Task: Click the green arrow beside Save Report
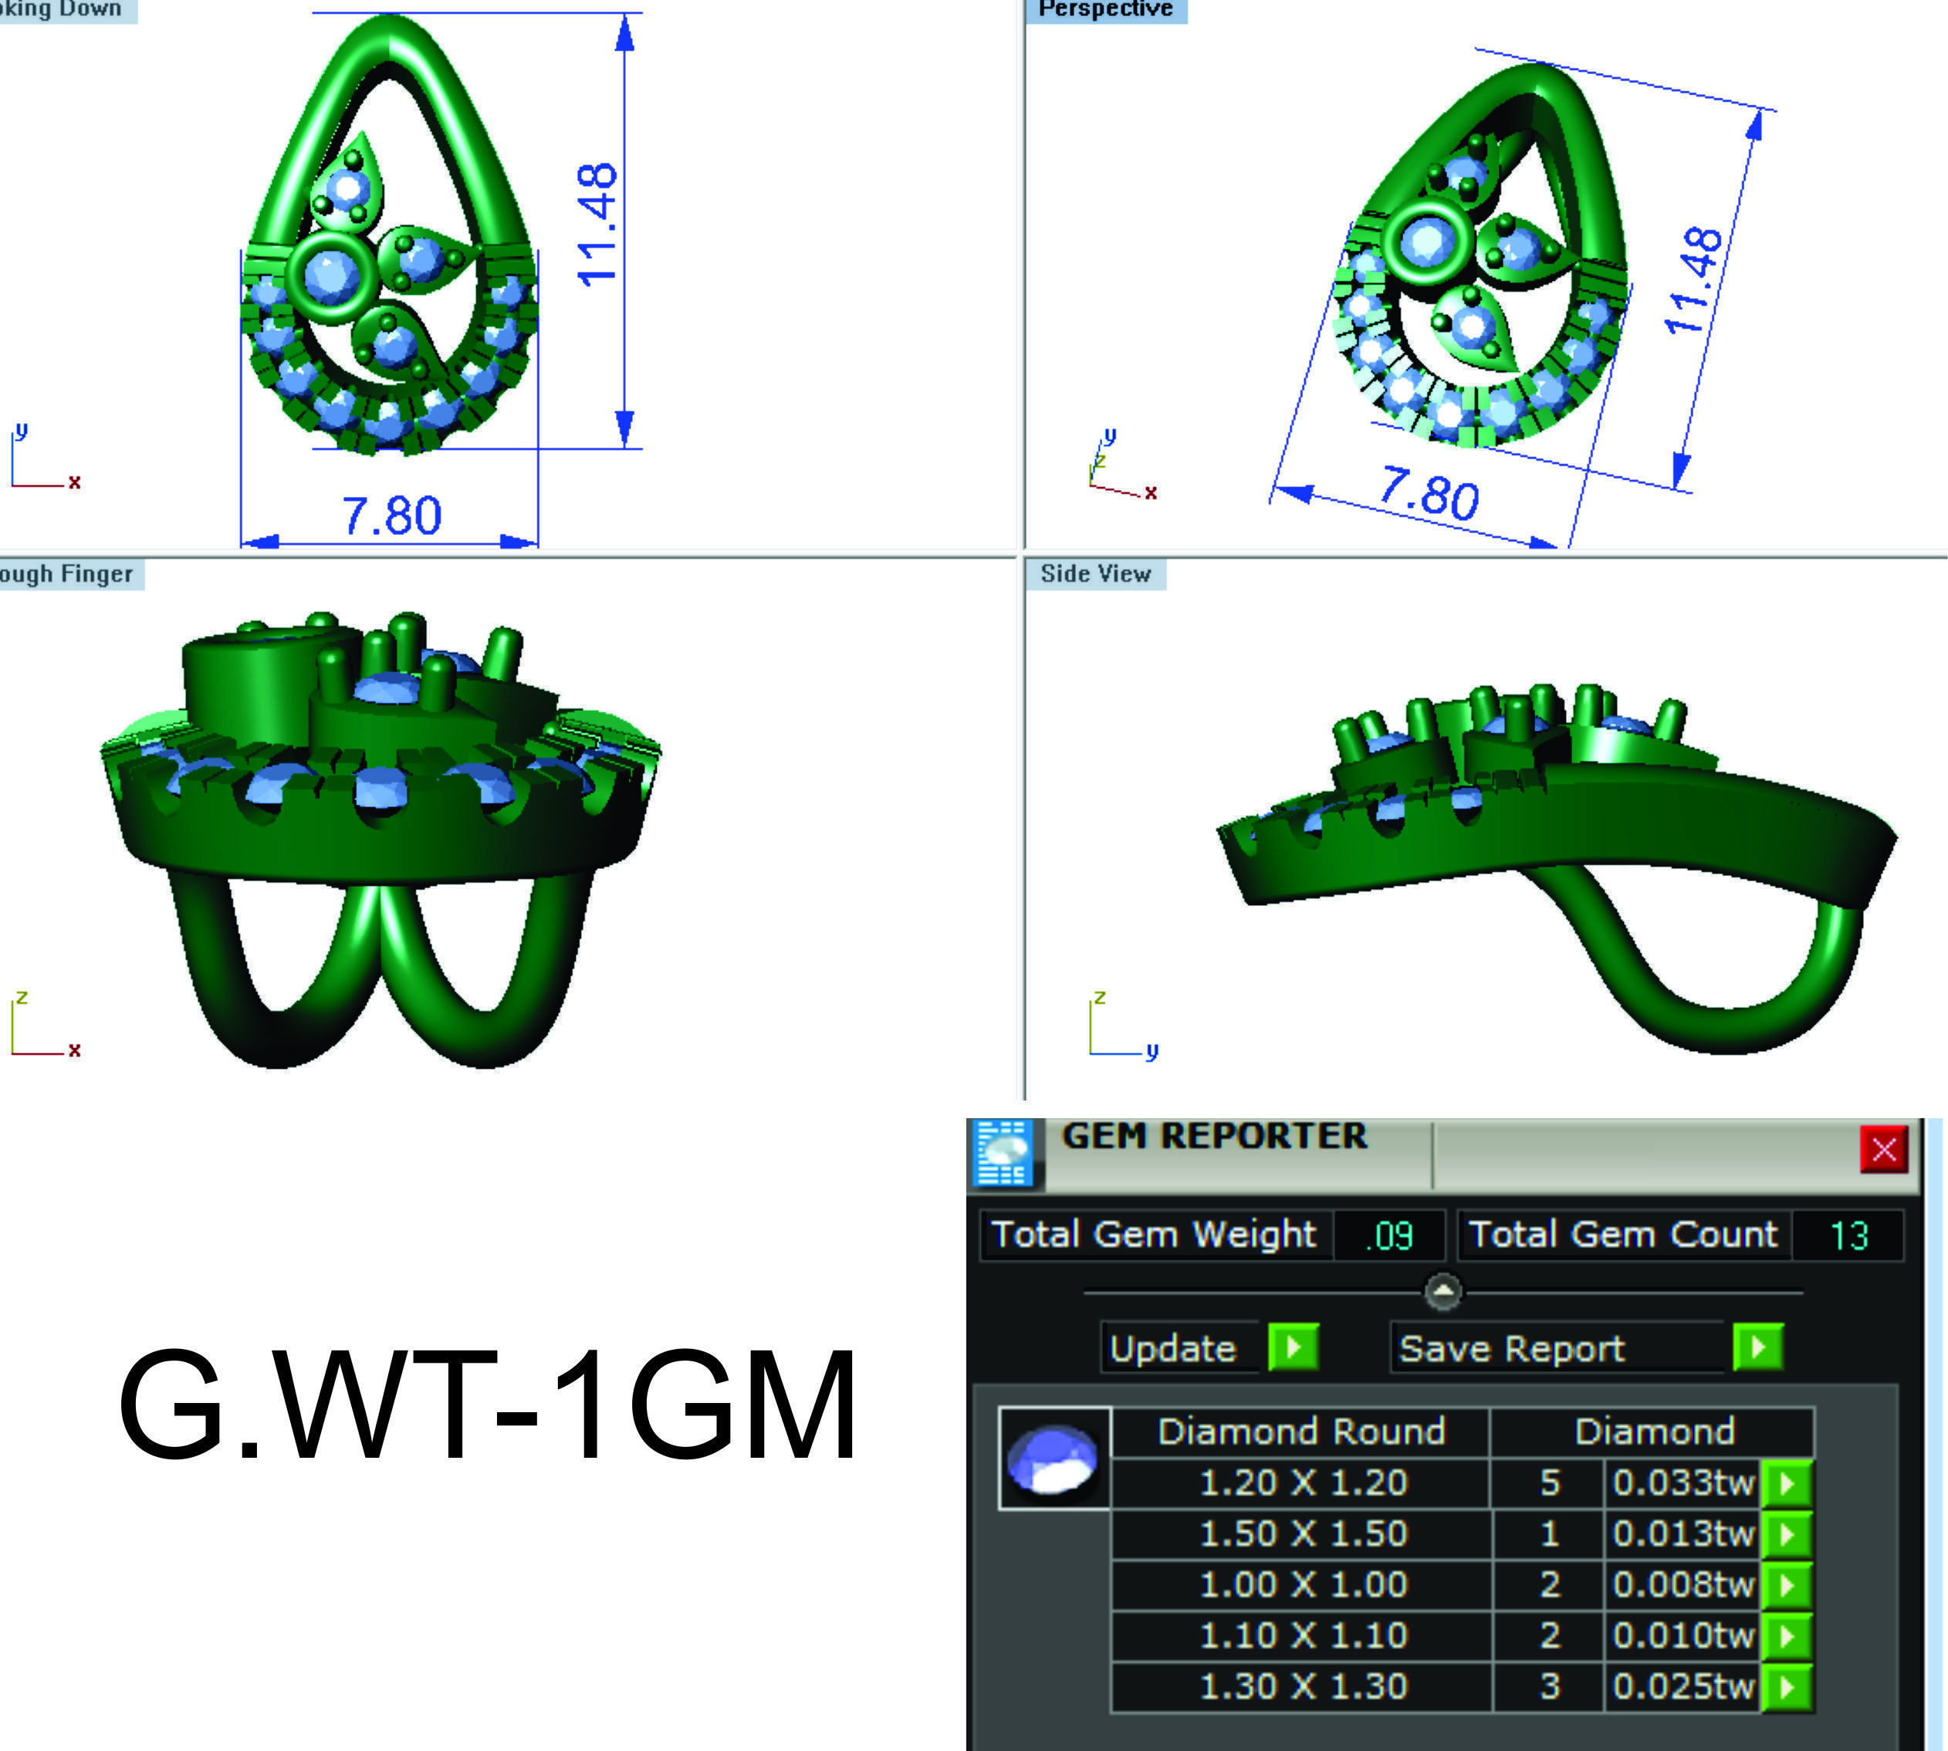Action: [1757, 1347]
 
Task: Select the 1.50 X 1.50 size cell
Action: [1303, 1533]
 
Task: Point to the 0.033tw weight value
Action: [1683, 1482]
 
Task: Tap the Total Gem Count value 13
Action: [1848, 1236]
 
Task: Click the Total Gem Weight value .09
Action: [1388, 1236]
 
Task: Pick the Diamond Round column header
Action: [1300, 1432]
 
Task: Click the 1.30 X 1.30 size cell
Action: [1303, 1686]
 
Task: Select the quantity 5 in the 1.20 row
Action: [1549, 1482]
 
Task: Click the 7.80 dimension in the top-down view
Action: [391, 515]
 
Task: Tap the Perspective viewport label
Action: [1106, 9]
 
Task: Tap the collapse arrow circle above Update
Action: [1442, 1292]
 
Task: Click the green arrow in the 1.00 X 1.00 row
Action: [1787, 1584]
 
